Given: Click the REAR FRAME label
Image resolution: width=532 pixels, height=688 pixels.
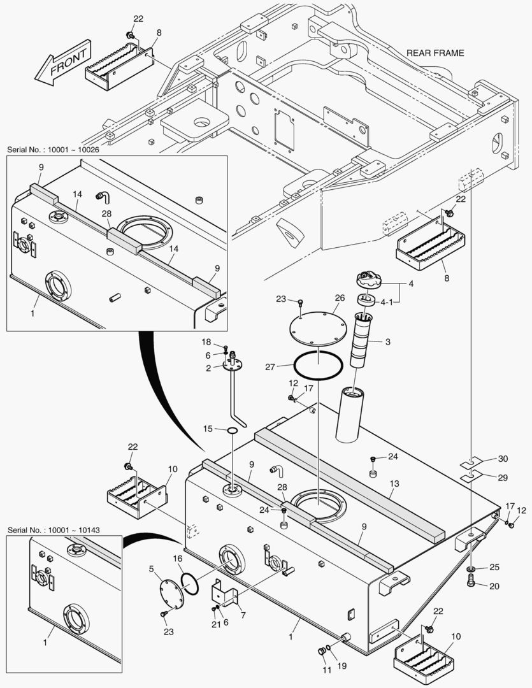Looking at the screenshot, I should click(435, 53).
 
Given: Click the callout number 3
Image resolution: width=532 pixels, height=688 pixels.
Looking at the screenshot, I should click(387, 342).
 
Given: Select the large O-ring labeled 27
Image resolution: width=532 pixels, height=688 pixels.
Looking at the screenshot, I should click(318, 365).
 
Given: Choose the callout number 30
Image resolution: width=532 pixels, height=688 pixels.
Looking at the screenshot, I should click(503, 459).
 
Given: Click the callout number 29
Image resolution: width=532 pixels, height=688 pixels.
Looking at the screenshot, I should click(503, 477).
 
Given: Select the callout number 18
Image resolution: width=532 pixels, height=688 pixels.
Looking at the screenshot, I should click(206, 343).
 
